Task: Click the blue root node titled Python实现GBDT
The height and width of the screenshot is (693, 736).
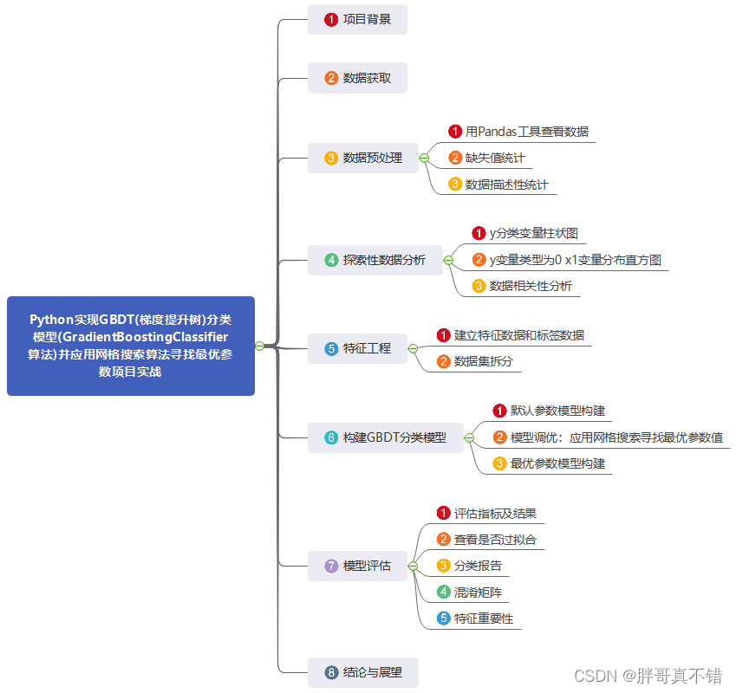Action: (x=130, y=346)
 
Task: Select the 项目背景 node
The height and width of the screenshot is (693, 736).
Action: (x=357, y=19)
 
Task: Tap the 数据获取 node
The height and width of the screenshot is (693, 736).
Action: (x=357, y=78)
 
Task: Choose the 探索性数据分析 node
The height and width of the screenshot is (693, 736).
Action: (x=375, y=260)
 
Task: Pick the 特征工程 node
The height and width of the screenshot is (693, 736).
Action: (x=357, y=348)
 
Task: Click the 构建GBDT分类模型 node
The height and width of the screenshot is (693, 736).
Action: (x=385, y=437)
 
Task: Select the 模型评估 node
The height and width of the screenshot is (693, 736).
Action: (x=357, y=566)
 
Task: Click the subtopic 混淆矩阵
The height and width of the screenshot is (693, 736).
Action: (x=478, y=593)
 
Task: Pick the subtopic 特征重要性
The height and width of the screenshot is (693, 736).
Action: (x=483, y=619)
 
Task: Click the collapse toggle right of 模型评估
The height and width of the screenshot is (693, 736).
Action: (x=413, y=566)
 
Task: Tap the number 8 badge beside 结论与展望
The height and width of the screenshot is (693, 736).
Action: (x=331, y=671)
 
